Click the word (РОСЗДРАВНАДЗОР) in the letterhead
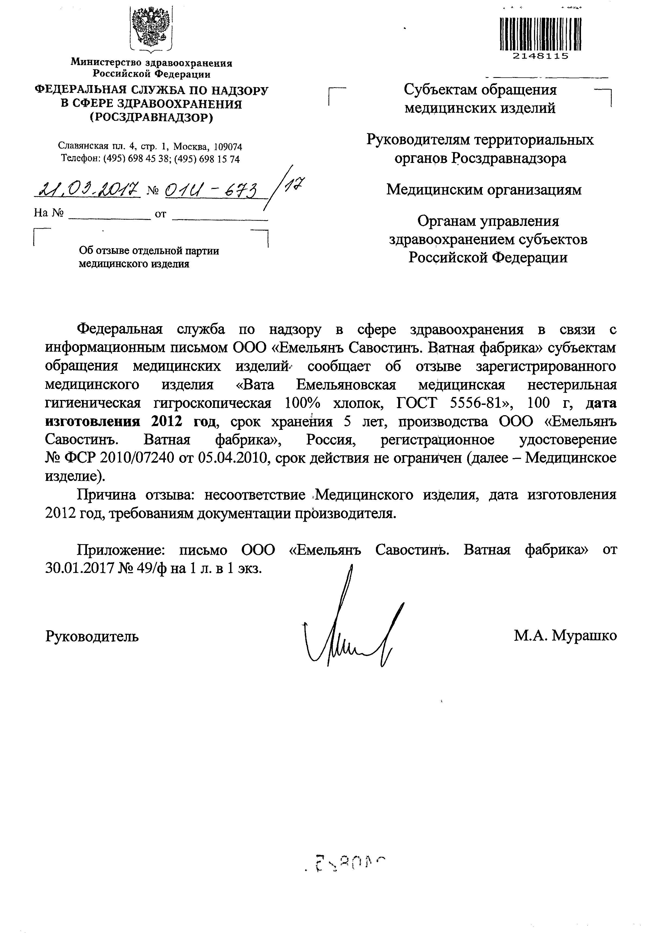coord(151,118)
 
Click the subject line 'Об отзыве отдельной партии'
coord(149,251)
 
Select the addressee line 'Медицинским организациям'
coord(484,190)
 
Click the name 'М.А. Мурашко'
coord(565,636)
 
